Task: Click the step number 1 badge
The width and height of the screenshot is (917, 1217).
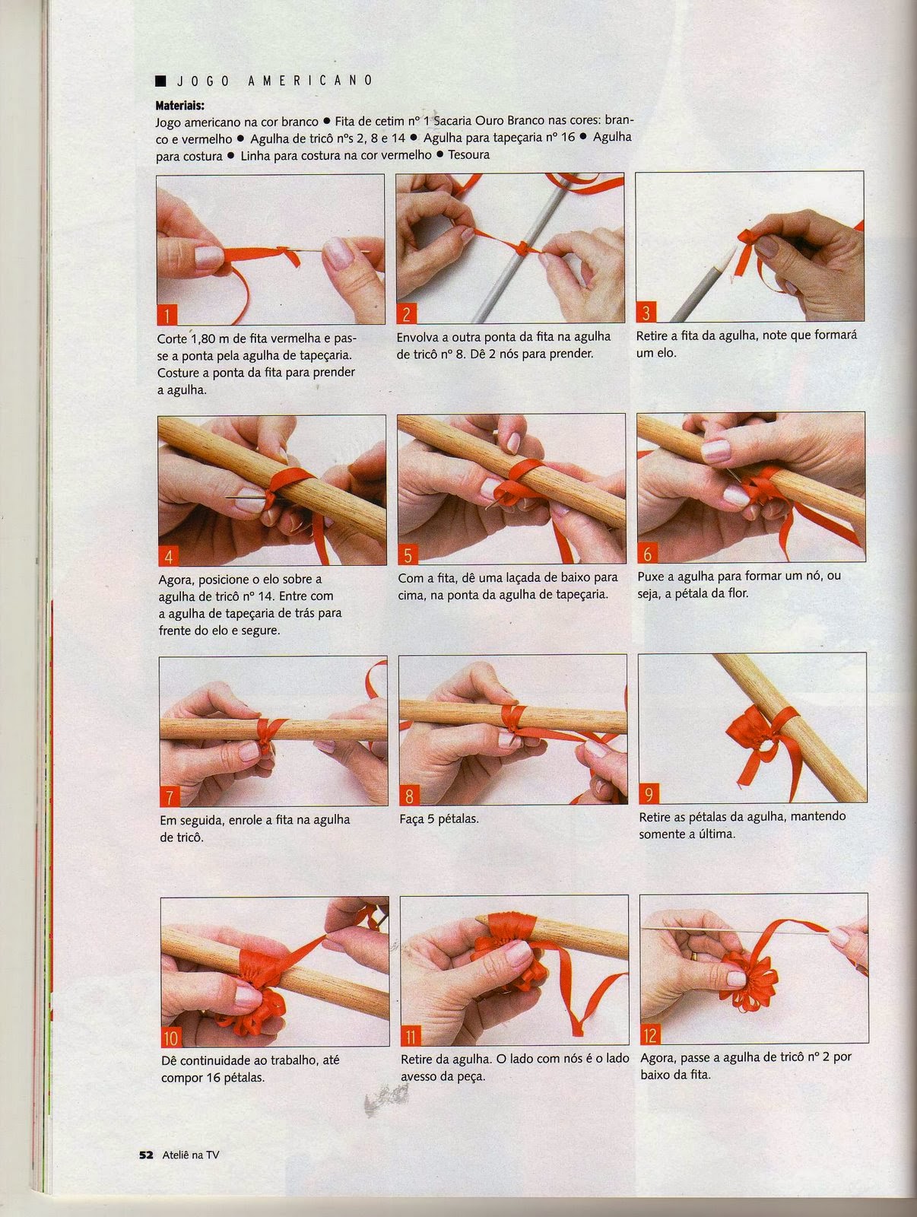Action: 167,315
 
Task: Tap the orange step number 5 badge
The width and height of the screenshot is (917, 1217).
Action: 408,554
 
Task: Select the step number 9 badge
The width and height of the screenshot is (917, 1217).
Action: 648,795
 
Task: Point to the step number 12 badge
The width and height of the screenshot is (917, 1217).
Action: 650,1035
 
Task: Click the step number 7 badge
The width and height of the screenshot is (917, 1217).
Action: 169,796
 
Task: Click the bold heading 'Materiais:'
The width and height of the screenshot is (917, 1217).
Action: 180,105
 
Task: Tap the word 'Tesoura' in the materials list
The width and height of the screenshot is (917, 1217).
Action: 468,154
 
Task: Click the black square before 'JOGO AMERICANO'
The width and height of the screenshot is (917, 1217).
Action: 160,81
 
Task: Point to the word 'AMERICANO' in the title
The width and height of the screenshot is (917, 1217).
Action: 310,81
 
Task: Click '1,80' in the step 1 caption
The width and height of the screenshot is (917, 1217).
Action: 205,338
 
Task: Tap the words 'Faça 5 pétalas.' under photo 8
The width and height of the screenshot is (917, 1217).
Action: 439,819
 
